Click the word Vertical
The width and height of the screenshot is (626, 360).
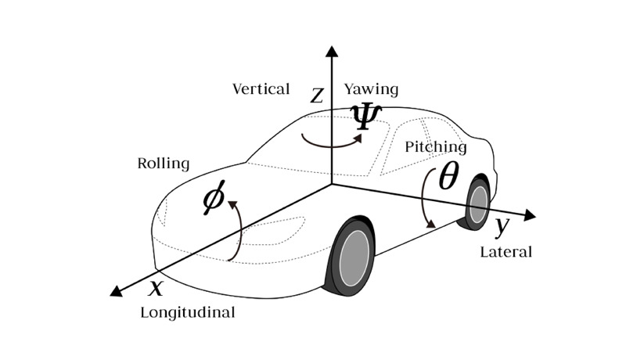point(261,88)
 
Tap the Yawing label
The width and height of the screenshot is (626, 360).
point(370,88)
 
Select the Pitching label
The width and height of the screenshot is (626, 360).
point(435,146)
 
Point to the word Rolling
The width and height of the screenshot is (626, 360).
point(164,164)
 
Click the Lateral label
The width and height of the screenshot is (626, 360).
point(505,252)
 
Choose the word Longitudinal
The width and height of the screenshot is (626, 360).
point(187,313)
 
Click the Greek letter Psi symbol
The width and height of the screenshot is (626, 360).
point(365,116)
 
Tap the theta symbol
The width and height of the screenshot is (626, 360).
point(448,178)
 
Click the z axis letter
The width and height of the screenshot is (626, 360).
point(317,95)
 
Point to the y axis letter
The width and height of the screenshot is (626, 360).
point(502,226)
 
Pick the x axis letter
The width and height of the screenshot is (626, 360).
point(156,287)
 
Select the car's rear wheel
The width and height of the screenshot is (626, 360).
point(477,203)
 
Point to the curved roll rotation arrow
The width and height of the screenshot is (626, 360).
point(235,231)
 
